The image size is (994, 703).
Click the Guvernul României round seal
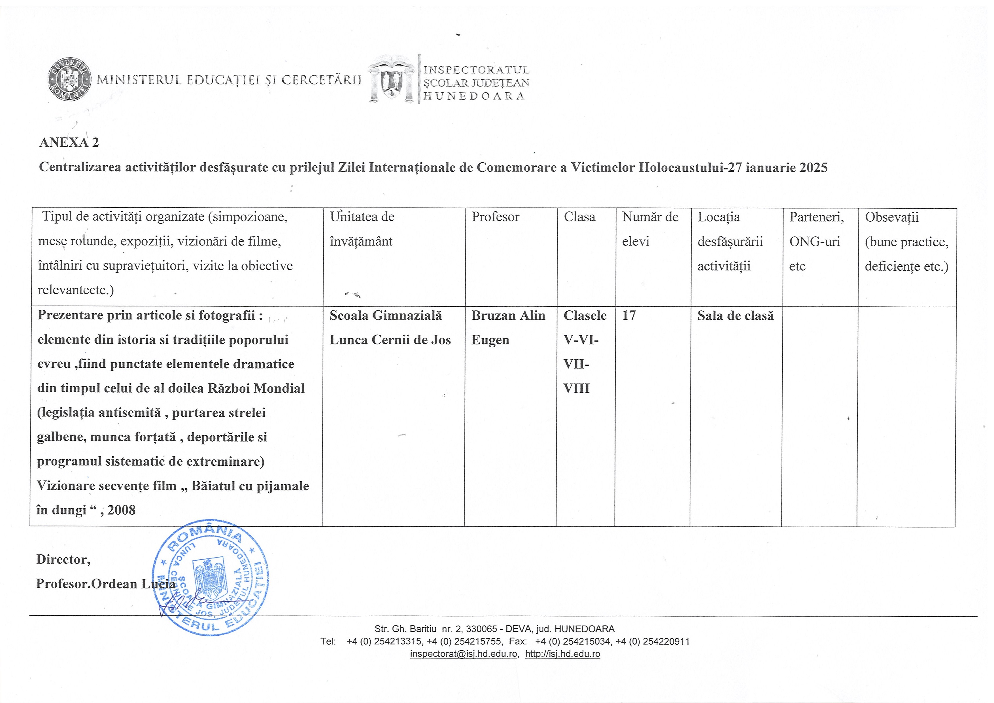pos(69,79)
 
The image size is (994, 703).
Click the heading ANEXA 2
pos(69,143)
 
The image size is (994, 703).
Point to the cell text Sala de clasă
pos(735,316)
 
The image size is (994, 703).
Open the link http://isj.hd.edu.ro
pos(562,654)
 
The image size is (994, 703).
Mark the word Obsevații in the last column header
pos(891,217)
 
